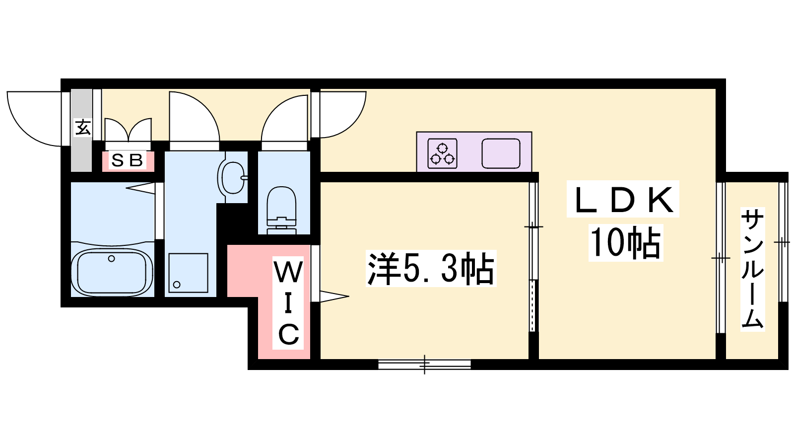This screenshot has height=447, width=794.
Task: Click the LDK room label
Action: click(623, 200)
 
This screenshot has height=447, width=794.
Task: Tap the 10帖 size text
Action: click(625, 243)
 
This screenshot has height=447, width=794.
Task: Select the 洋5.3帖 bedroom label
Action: click(431, 269)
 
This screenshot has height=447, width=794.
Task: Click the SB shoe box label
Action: click(127, 160)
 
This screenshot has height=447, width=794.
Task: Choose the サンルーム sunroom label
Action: click(752, 269)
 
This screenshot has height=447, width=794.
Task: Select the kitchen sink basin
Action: click(501, 153)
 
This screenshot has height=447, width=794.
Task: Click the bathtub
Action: click(112, 273)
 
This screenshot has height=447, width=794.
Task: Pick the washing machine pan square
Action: click(188, 273)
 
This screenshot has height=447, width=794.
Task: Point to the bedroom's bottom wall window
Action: click(424, 365)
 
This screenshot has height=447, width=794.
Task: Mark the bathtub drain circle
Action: click(112, 259)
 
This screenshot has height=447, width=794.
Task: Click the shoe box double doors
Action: click(128, 130)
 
